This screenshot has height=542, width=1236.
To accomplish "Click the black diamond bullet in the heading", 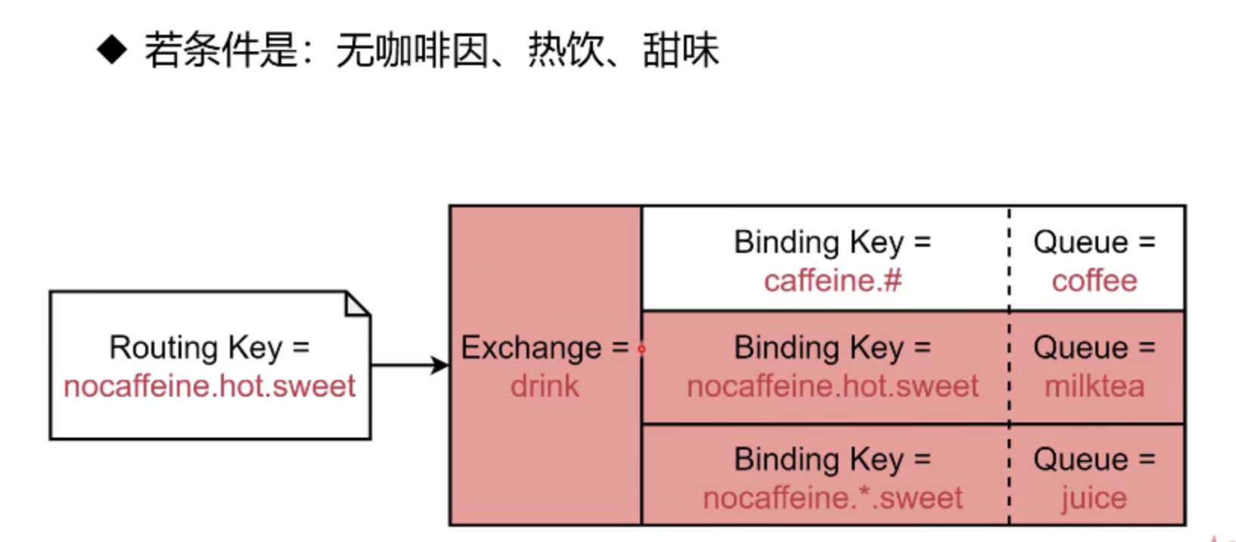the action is click(112, 51).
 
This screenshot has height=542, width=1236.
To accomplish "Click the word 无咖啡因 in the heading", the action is click(412, 51).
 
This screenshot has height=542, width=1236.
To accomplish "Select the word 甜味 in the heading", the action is click(681, 51).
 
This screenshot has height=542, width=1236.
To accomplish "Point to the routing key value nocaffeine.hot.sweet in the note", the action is click(210, 386).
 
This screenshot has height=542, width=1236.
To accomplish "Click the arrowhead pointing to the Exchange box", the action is click(439, 365).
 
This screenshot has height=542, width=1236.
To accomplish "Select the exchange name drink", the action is click(545, 386).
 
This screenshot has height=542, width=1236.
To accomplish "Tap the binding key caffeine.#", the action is click(833, 281).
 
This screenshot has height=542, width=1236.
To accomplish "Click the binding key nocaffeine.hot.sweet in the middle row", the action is click(833, 386).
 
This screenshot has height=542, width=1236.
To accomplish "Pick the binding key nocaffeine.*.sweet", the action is click(833, 498).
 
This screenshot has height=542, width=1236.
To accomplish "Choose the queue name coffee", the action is click(1095, 281).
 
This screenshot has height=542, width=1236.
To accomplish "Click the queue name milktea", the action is click(1095, 386).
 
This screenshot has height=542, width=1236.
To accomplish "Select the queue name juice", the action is click(1094, 498).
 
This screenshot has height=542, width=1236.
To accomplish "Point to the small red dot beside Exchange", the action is click(642, 349).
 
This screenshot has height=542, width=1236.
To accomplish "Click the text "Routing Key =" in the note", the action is click(210, 347).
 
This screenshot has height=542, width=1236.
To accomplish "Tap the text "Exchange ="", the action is click(545, 347).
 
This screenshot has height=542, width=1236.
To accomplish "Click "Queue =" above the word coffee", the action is click(1095, 242).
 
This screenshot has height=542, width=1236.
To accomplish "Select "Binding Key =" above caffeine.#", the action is click(833, 242).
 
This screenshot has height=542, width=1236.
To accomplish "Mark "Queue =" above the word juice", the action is click(1095, 459).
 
